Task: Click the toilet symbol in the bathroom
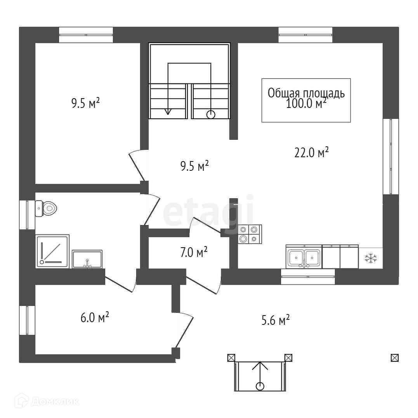(x=46, y=208)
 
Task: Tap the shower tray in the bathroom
(x=52, y=251)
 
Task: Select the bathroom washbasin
(x=87, y=259)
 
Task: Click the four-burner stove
(x=250, y=234)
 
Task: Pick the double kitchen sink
(x=304, y=257)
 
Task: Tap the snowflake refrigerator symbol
(x=371, y=258)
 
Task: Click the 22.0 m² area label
(x=312, y=153)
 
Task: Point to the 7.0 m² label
(x=194, y=253)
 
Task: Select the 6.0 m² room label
(x=94, y=318)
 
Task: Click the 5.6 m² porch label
(x=276, y=321)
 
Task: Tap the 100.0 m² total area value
(x=306, y=104)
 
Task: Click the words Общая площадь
(x=306, y=94)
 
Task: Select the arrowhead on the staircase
(x=168, y=111)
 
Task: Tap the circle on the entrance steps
(x=260, y=386)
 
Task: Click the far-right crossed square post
(x=395, y=358)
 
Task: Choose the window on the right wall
(x=390, y=156)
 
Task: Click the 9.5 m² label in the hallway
(x=195, y=167)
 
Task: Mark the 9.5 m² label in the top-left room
(x=86, y=103)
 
